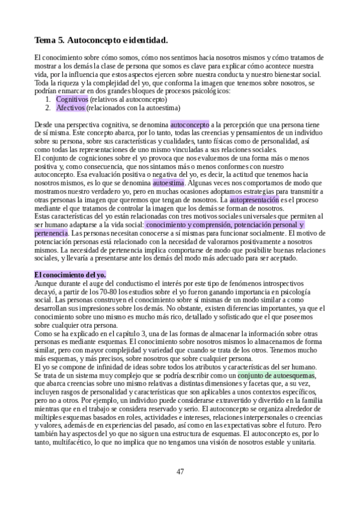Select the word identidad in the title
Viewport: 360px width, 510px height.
click(x=144, y=40)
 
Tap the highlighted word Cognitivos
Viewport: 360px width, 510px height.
click(x=72, y=98)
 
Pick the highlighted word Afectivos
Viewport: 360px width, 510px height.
click(x=71, y=108)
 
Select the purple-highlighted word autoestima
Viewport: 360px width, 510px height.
click(x=169, y=181)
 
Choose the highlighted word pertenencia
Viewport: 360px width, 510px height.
click(x=50, y=232)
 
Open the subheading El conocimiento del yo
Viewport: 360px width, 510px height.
click(x=70, y=275)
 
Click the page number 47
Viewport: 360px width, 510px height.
click(x=180, y=471)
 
